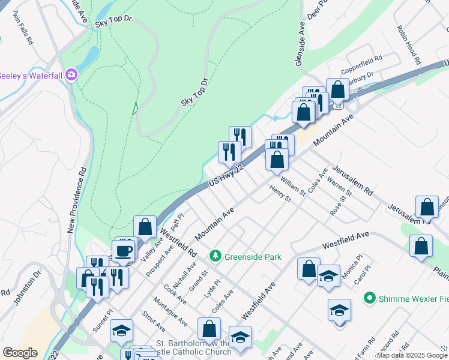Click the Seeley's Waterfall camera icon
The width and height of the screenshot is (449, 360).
(x=72, y=74)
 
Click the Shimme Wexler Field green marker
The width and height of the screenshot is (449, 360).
(x=370, y=298)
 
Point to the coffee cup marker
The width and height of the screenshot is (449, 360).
(x=124, y=251)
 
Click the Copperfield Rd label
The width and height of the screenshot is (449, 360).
(x=363, y=60)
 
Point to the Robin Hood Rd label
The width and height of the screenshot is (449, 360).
(x=408, y=45)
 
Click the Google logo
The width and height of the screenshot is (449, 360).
(x=20, y=353)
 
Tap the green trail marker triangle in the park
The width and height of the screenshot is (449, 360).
(x=135, y=109)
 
